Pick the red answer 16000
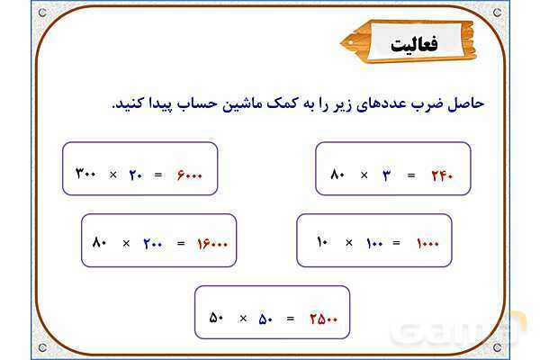212,243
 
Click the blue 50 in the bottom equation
266,318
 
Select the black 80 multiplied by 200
100,243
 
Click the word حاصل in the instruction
466,102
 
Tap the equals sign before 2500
290,318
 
